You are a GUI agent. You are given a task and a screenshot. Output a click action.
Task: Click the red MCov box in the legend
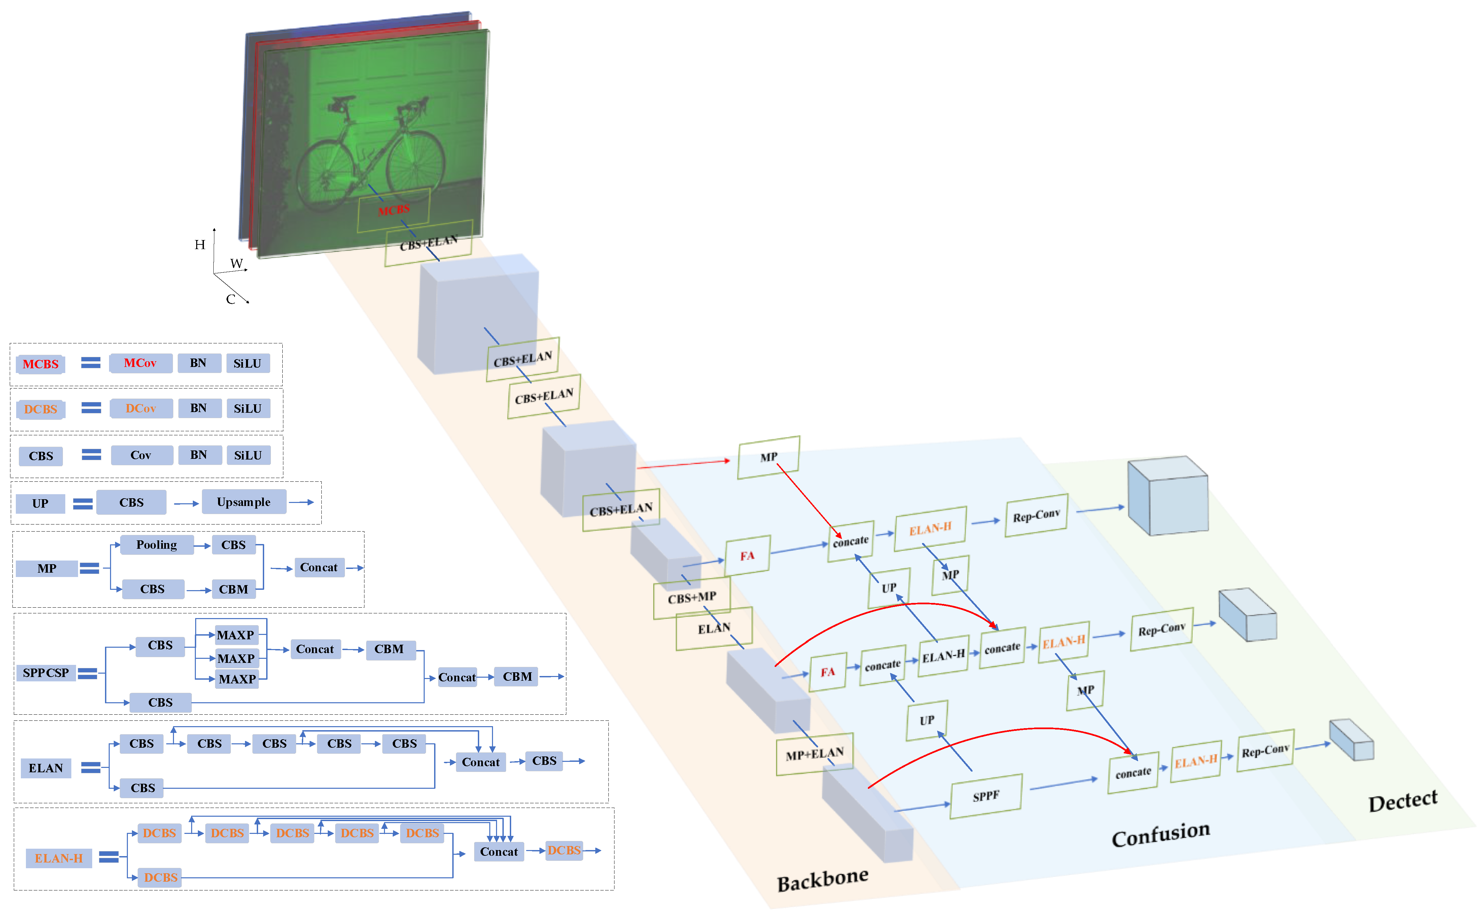click(140, 363)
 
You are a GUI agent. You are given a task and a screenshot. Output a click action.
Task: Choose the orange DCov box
click(141, 409)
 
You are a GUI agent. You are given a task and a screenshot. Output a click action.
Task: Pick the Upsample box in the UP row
click(244, 502)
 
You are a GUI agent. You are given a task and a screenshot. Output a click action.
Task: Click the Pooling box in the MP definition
click(156, 545)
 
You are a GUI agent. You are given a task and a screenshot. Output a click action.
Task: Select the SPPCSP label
click(46, 673)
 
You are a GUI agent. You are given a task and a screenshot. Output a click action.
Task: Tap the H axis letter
click(200, 245)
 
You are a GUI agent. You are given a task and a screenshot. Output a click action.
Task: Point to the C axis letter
click(230, 299)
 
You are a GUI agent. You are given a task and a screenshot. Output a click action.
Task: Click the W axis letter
click(236, 264)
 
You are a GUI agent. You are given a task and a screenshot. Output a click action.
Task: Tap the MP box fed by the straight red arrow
click(769, 457)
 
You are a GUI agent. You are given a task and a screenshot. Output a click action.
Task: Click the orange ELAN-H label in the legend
click(59, 858)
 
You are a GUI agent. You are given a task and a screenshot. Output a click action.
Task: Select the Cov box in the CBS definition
click(141, 455)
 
